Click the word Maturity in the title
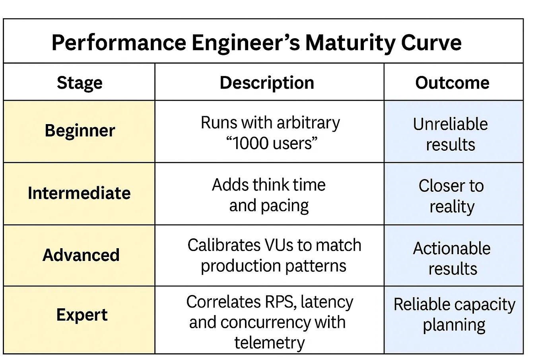[350, 43]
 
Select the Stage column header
[80, 83]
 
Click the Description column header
[267, 83]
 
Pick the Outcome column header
[452, 83]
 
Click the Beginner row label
[80, 130]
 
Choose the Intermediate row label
[79, 193]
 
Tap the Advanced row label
[81, 255]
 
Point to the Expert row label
[82, 315]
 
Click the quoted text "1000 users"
[272, 143]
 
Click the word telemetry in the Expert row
[269, 342]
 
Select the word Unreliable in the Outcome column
[450, 124]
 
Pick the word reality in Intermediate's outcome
[452, 206]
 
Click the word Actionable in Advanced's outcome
[452, 249]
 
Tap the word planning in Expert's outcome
[454, 325]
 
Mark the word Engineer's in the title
[246, 43]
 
